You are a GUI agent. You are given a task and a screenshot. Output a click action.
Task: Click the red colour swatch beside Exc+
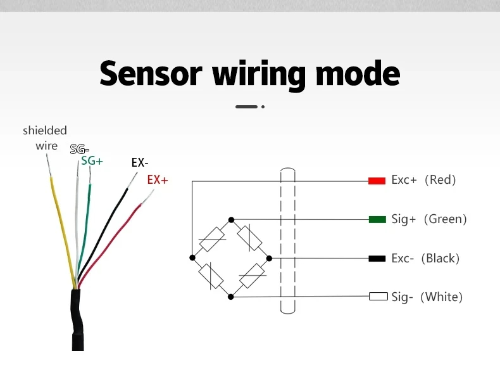377,181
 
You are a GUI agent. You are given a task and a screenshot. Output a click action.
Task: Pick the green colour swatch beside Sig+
377,219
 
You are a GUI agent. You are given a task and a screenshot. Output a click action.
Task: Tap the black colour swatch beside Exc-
377,259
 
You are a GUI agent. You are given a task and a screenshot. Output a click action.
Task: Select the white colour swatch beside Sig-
378,297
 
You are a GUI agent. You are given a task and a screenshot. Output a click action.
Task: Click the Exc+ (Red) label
423,180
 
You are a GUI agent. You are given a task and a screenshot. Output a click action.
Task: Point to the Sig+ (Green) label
428,219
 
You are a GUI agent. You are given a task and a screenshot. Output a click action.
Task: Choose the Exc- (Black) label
425,259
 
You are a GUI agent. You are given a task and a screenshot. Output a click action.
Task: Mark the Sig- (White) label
427,297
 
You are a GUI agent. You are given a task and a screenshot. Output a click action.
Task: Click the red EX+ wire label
158,180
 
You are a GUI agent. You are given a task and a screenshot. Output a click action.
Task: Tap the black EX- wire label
140,163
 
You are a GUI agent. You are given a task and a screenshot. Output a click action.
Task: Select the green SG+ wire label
92,161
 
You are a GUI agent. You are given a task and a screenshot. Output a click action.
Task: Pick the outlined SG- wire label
80,150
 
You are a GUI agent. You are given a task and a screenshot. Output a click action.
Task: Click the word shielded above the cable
45,131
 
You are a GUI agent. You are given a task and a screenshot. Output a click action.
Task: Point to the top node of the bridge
231,219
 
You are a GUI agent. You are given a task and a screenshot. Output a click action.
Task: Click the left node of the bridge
192,257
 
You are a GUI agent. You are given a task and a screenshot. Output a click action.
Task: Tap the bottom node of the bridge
231,296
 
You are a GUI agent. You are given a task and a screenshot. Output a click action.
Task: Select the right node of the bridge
269,258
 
